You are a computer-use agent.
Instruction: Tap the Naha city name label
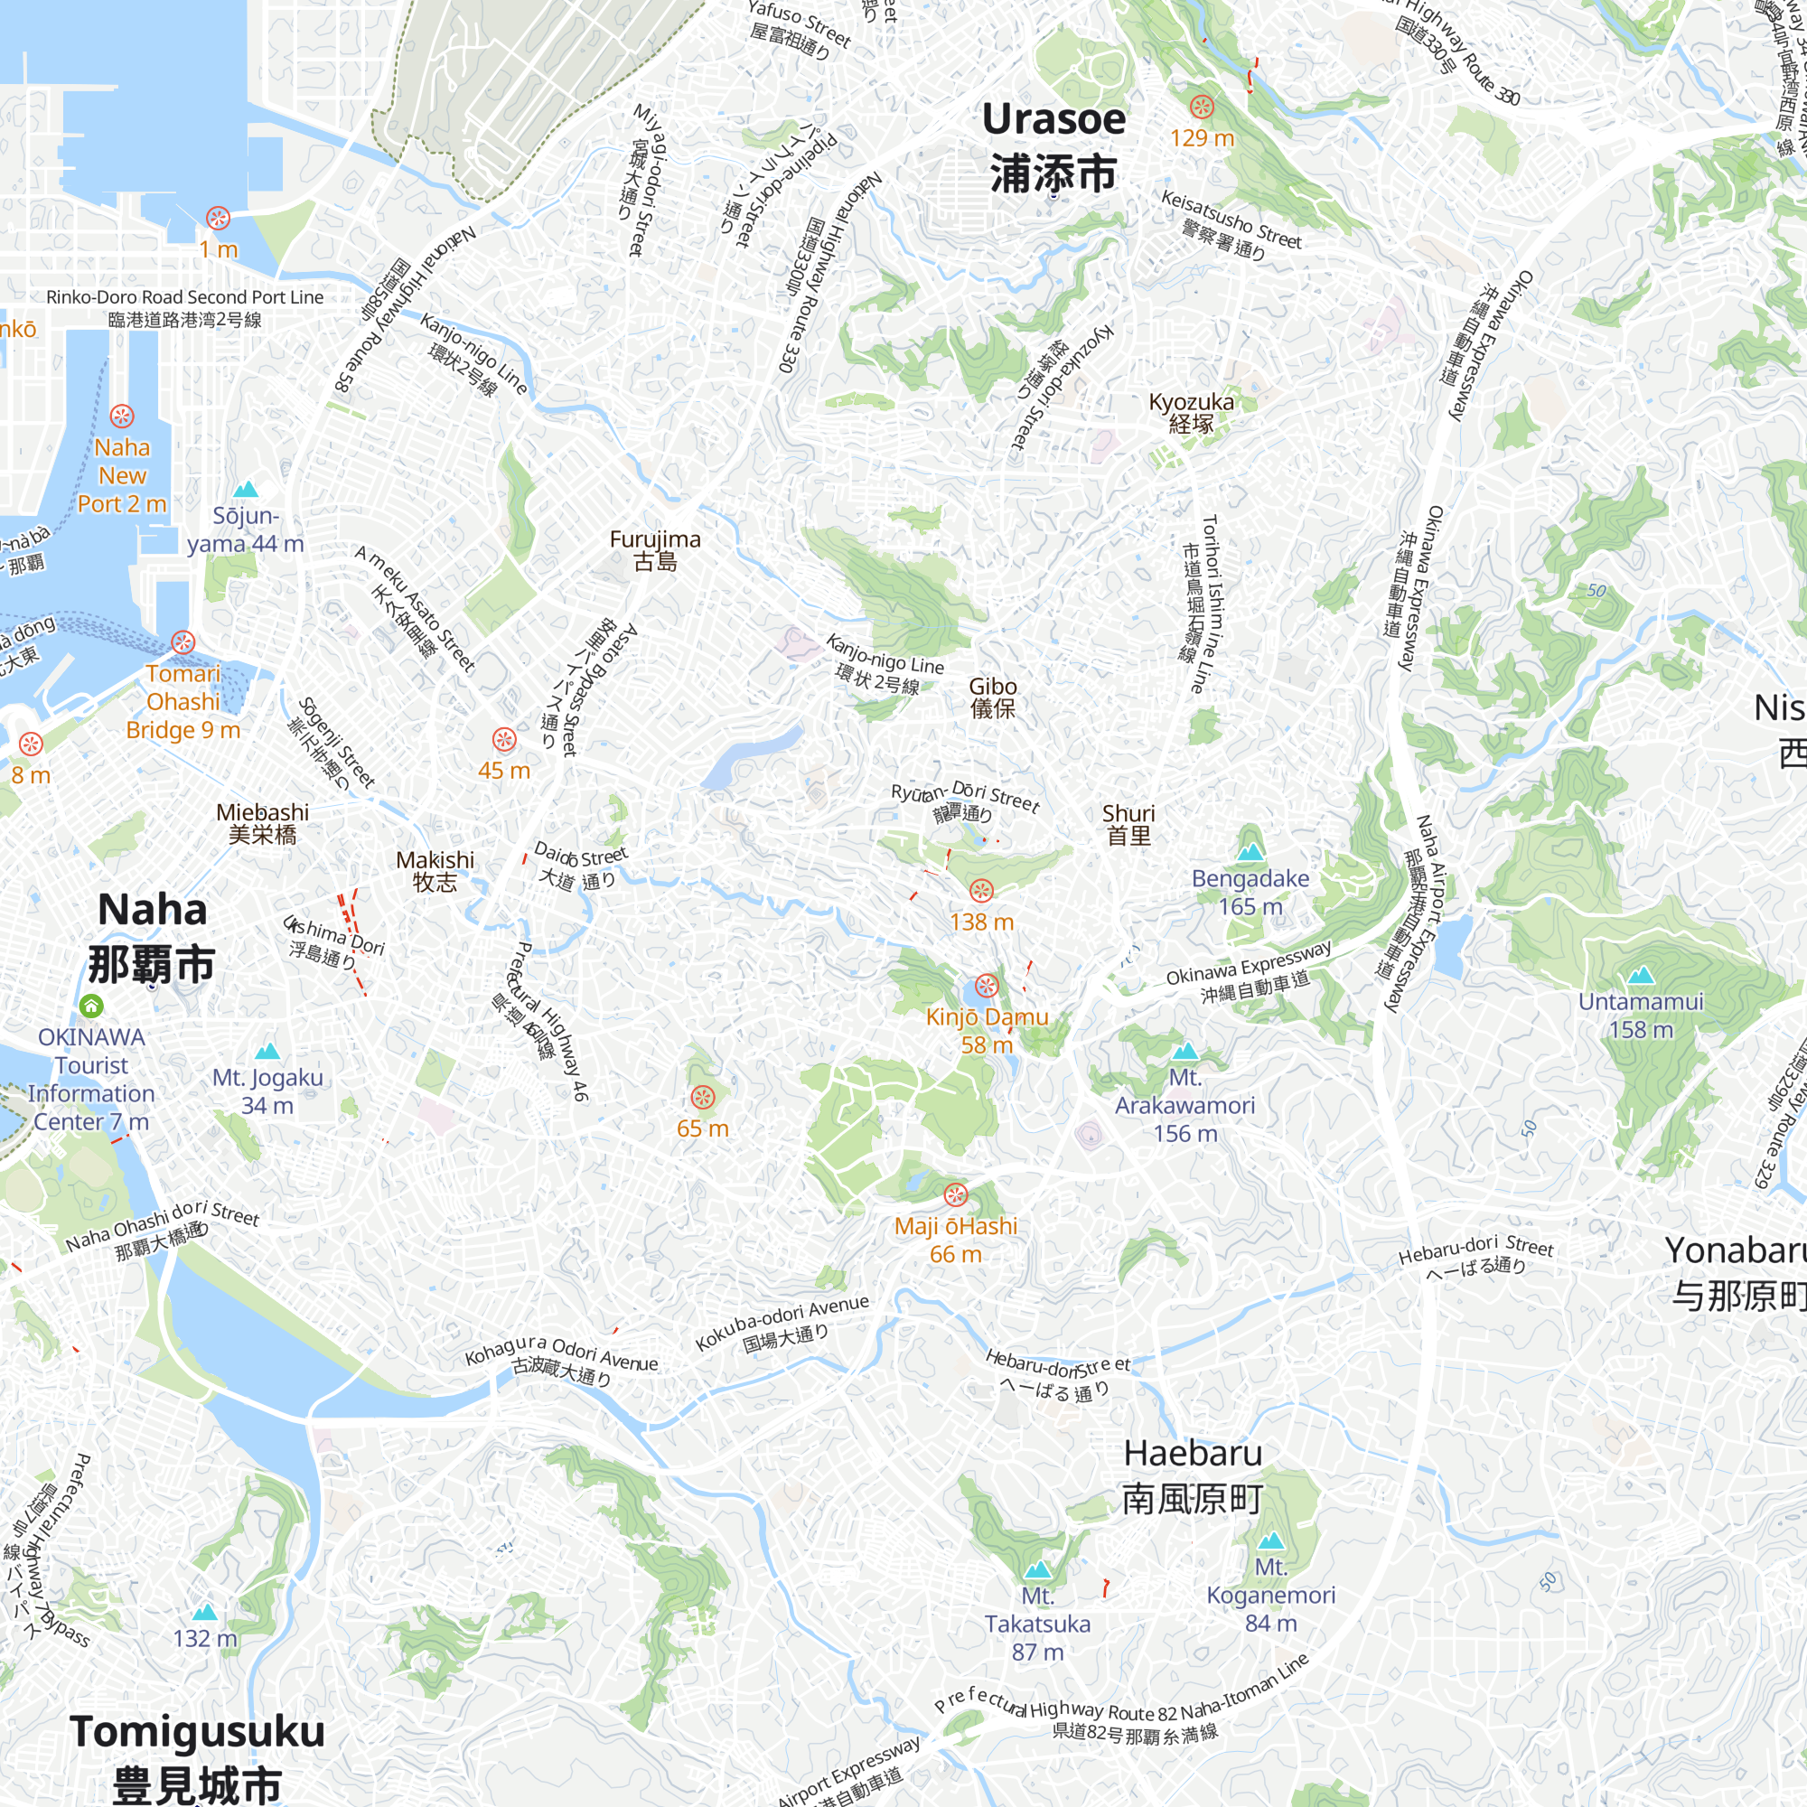(152, 936)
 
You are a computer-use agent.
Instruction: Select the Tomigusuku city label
(197, 1756)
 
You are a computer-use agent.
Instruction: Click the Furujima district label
(655, 550)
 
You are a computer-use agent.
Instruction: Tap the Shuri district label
(1128, 824)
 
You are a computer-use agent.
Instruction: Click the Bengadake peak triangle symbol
(1250, 852)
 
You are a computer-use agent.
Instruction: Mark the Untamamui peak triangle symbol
(1641, 976)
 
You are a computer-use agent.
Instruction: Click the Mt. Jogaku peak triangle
(267, 1051)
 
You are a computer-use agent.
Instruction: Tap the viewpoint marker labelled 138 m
(980, 891)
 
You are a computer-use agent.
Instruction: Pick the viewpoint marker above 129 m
(1202, 107)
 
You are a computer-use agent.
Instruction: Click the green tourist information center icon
(90, 1006)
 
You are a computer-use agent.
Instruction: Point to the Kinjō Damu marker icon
(987, 985)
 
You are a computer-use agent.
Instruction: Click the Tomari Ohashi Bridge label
(183, 701)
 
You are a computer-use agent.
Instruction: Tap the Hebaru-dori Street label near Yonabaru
(1476, 1256)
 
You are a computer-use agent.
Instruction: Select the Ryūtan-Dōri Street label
(965, 801)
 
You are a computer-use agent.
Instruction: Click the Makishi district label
(435, 871)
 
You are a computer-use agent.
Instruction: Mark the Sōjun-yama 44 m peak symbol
(245, 490)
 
